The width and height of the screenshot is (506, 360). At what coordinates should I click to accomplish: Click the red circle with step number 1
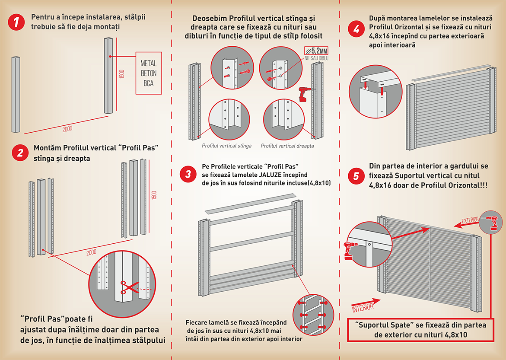pos(16,22)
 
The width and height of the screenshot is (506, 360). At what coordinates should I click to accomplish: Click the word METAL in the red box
pos(149,64)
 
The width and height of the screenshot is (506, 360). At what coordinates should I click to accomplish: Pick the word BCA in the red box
pos(149,83)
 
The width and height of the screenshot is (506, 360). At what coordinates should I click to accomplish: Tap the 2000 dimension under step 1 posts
pos(67,128)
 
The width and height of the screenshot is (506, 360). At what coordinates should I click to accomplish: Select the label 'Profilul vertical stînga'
pos(226,146)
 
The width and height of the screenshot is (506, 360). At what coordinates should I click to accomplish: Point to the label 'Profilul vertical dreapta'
pos(287,146)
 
